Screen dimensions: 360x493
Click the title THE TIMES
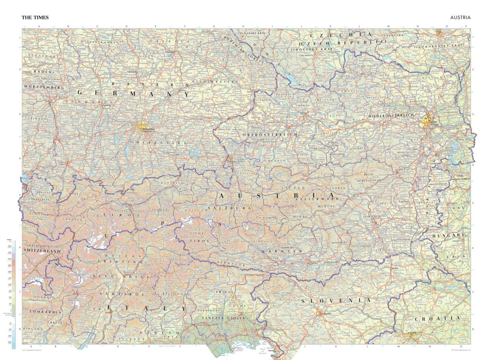click(x=35, y=18)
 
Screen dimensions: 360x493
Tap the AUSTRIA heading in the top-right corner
click(x=460, y=18)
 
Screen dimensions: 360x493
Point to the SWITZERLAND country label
click(x=42, y=251)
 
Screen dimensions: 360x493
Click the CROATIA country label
click(x=442, y=319)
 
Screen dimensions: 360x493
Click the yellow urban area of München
click(x=144, y=129)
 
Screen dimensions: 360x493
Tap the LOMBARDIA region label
click(x=43, y=312)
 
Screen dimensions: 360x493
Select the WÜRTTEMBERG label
click(x=44, y=88)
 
